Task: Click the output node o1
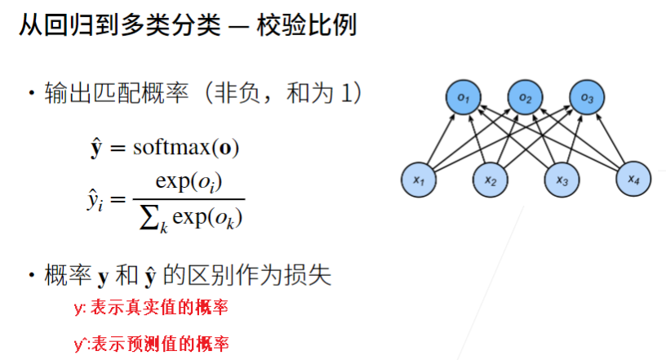(x=464, y=99)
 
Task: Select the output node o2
(x=524, y=99)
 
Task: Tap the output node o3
(x=586, y=99)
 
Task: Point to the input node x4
(x=633, y=180)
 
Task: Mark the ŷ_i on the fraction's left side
(x=95, y=200)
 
